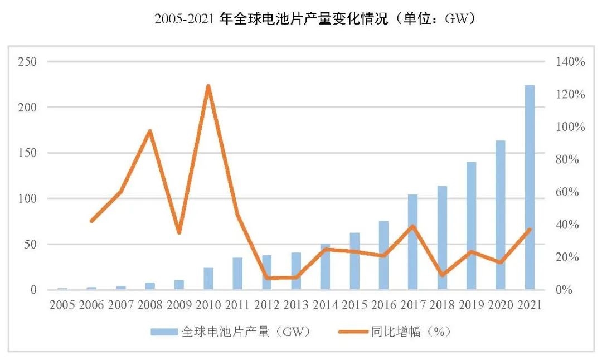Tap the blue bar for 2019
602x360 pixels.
pos(472,226)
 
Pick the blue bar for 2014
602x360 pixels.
pos(325,267)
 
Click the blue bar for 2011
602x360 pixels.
pos(237,274)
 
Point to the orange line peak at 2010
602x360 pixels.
pos(208,86)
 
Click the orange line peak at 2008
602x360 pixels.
pos(150,131)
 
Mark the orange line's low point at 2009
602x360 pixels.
pos(179,232)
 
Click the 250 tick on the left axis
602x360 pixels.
pos(27,61)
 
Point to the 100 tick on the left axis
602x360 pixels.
pos(27,198)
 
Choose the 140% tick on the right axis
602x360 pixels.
pos(570,61)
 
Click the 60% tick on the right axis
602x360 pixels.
pos(570,192)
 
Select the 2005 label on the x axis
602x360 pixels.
pos(62,305)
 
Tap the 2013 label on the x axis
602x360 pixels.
pos(296,305)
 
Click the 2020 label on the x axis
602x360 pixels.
pos(501,305)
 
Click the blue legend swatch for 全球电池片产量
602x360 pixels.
pos(164,332)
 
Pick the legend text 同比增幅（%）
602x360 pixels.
pos(410,332)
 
